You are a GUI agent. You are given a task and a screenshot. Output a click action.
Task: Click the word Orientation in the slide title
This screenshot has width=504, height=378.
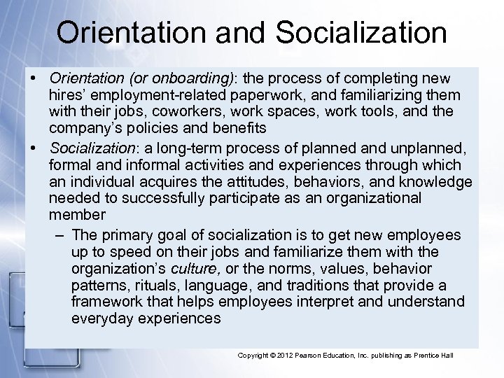134,33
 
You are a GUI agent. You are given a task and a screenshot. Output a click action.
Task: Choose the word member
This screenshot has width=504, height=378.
77,215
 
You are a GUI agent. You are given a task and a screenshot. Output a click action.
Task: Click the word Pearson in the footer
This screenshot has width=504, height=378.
321,356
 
